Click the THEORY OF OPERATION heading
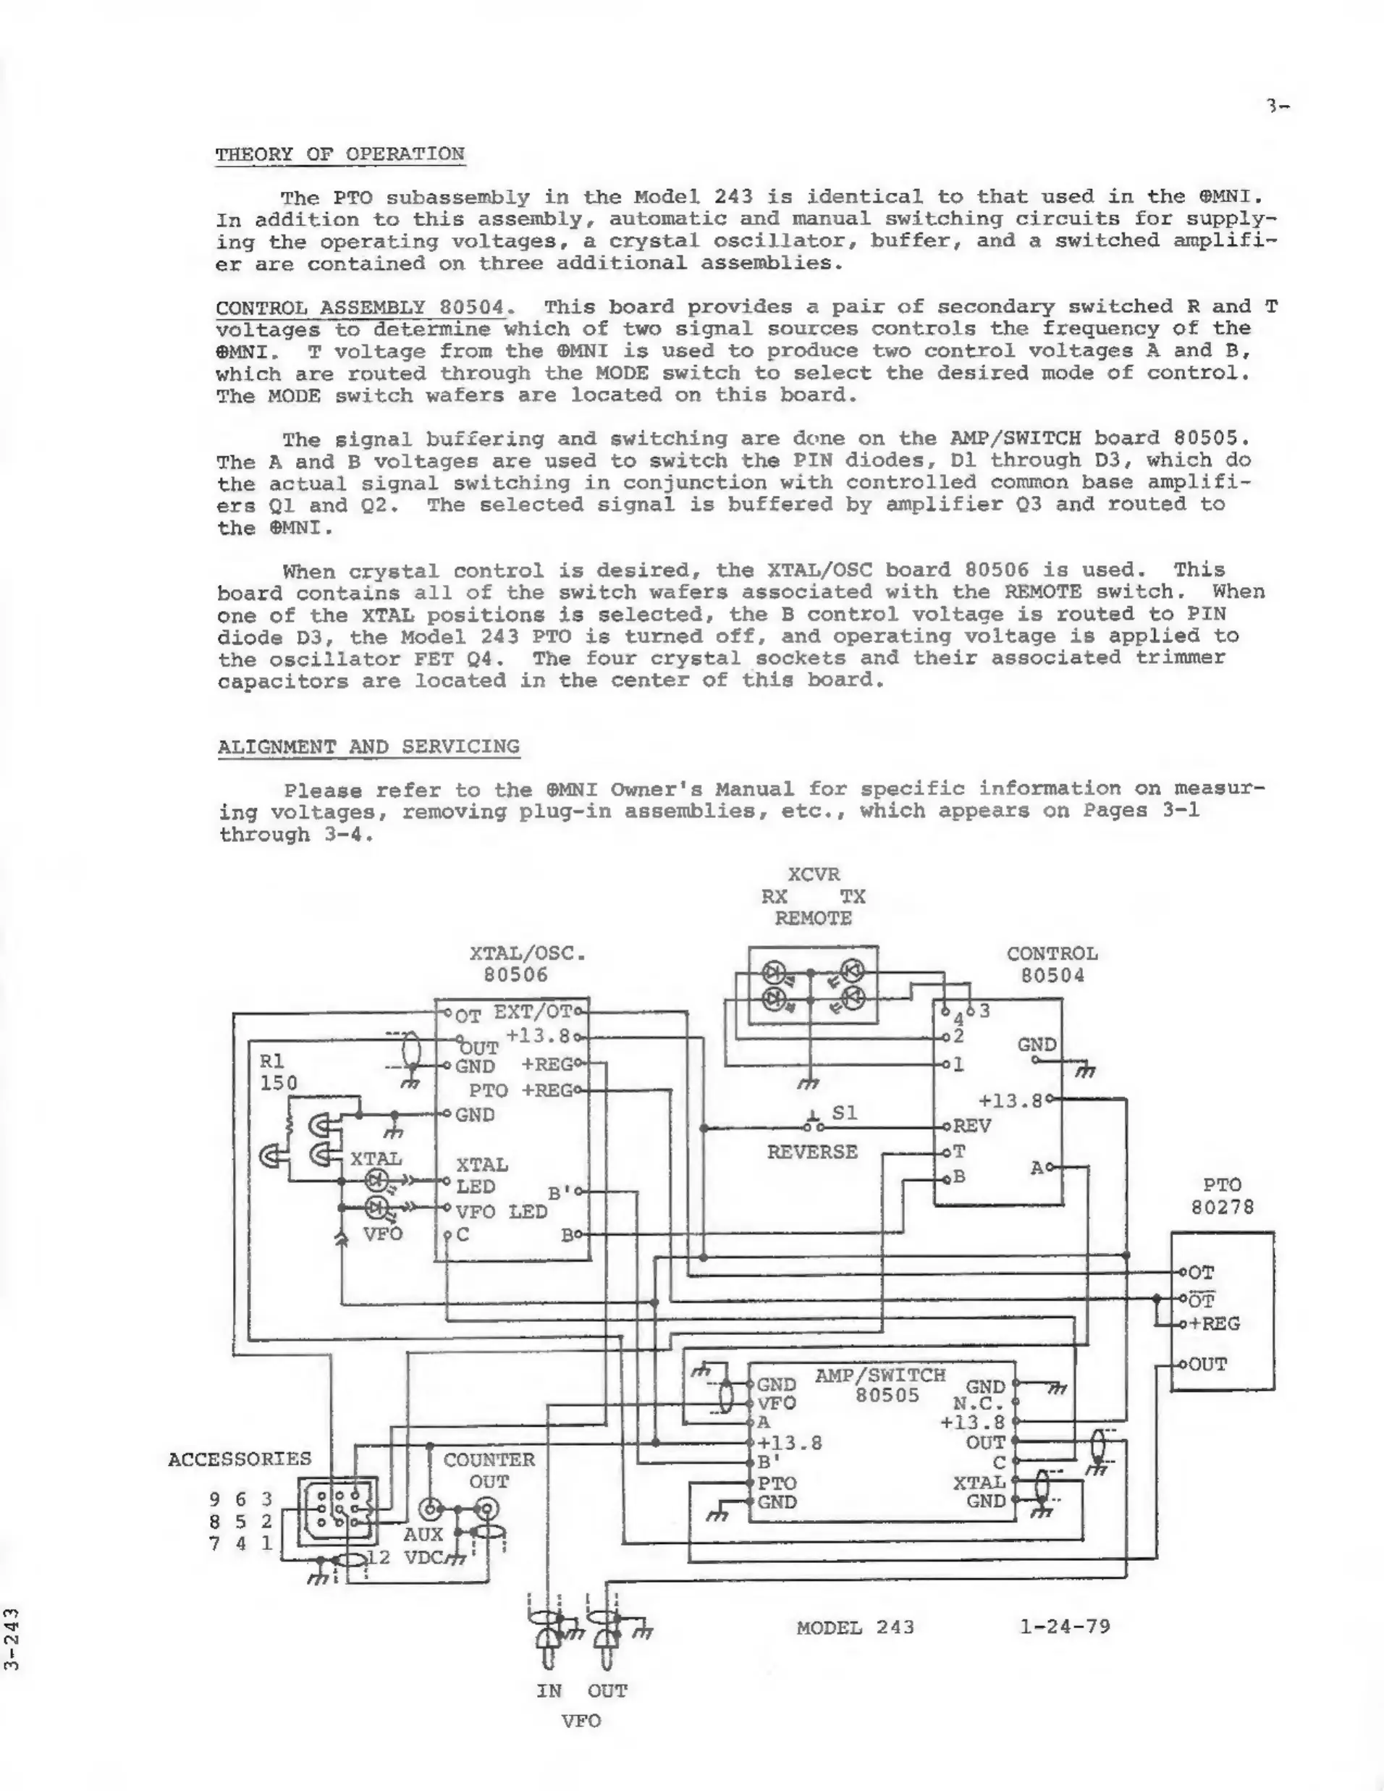tap(339, 154)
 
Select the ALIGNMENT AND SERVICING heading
tap(368, 747)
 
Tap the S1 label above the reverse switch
tap(844, 1113)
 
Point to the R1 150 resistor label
tap(278, 1072)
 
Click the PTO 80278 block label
tap(1222, 1197)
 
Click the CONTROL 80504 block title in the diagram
tap(1052, 964)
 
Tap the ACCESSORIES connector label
tap(240, 1459)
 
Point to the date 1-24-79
tap(1064, 1626)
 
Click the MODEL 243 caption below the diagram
tap(854, 1627)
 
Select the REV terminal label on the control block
tap(971, 1126)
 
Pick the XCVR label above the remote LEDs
tap(814, 875)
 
